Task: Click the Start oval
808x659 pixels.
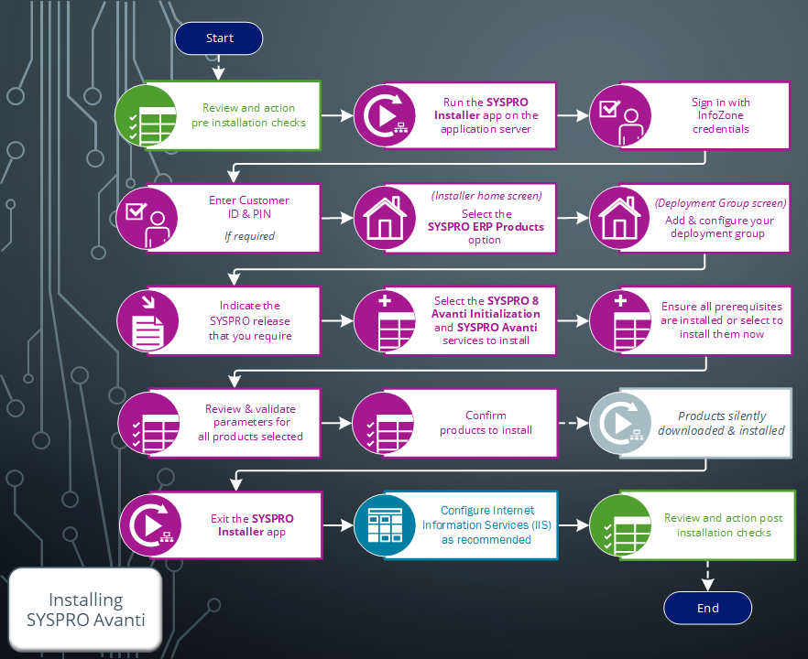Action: (x=219, y=38)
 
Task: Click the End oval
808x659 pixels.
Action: (x=707, y=608)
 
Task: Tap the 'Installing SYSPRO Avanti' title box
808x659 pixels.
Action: (x=85, y=610)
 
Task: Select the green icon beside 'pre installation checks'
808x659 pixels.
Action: (x=146, y=115)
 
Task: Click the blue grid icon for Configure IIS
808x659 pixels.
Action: (x=385, y=525)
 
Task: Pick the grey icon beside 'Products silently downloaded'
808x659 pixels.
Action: (x=620, y=423)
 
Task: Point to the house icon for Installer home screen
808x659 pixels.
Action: (x=385, y=218)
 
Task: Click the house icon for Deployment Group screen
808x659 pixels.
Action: (x=620, y=218)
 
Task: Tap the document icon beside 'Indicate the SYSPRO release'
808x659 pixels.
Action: (x=147, y=320)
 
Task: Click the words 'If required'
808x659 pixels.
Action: (x=249, y=236)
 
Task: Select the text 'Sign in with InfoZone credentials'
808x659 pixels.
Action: (x=720, y=115)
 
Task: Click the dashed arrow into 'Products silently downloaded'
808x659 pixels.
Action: (x=573, y=423)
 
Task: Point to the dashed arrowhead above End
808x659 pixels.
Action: (x=707, y=584)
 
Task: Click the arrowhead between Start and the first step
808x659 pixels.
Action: (x=218, y=73)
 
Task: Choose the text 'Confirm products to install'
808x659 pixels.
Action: (x=486, y=423)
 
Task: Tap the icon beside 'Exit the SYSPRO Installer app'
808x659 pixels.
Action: (x=150, y=525)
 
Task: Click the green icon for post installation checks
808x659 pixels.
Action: (x=620, y=525)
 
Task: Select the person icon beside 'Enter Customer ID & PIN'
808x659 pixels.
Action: (x=147, y=218)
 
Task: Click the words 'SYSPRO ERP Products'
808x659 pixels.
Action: (x=486, y=227)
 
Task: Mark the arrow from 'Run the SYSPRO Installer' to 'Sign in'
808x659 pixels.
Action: (x=573, y=115)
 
